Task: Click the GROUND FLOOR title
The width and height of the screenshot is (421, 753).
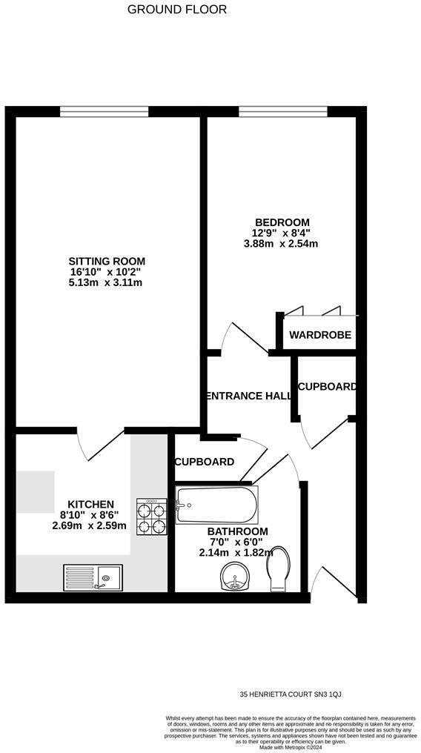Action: pos(177,10)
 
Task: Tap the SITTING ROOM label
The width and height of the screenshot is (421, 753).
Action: pos(107,261)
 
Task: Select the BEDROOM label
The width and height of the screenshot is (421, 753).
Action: pos(282,222)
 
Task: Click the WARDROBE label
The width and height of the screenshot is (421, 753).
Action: pos(320,335)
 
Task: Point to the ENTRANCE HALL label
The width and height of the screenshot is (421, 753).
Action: pos(248,396)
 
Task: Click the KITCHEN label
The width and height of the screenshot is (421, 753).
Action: pos(91,504)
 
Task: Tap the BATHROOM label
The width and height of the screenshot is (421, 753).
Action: pos(237,531)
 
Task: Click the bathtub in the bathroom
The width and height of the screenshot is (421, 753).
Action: pos(216,505)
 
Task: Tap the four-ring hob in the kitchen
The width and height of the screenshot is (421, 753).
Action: pos(151,517)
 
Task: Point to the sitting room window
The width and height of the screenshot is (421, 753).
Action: pos(104,112)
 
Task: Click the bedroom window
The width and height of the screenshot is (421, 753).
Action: pos(283,112)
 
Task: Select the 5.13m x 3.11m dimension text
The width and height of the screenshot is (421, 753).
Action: pos(107,282)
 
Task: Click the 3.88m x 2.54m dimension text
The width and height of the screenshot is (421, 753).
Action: pos(282,243)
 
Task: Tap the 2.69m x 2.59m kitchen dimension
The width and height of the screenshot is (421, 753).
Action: pos(90,525)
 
